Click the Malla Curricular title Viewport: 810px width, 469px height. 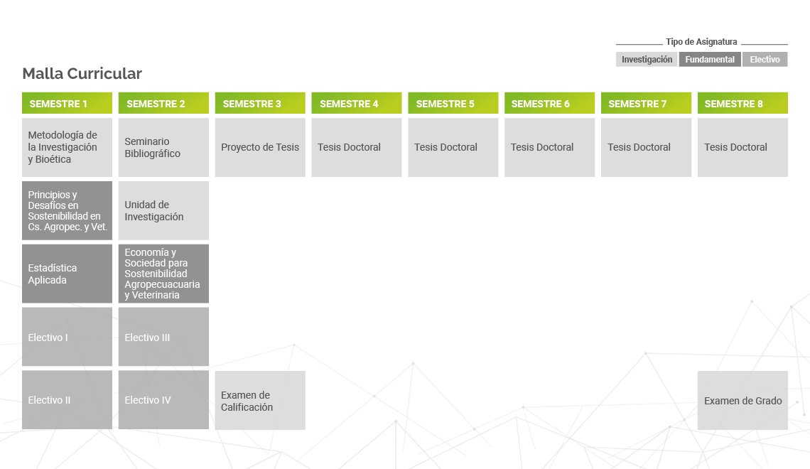[x=82, y=73]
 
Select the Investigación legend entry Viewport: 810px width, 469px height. [x=647, y=60]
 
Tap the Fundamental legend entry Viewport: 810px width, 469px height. [x=710, y=60]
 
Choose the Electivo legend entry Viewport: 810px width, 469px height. [x=765, y=60]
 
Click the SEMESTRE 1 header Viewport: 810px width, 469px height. [x=67, y=103]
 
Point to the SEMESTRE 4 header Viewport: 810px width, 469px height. [x=357, y=103]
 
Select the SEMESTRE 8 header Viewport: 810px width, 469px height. [x=742, y=103]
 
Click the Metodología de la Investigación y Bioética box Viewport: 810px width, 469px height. [x=67, y=147]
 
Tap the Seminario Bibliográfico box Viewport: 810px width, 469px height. [x=163, y=147]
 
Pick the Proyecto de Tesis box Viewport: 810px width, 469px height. [x=260, y=147]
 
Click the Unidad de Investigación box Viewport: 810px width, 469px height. [x=163, y=210]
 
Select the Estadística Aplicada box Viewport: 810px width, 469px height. [x=67, y=274]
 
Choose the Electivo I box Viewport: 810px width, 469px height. [x=67, y=337]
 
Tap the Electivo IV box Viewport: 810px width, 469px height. [x=163, y=400]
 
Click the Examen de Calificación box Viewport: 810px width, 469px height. [x=260, y=400]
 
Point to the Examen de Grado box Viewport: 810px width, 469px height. [x=742, y=400]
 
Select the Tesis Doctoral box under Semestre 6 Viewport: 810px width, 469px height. [x=550, y=147]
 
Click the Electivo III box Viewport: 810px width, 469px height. [x=163, y=337]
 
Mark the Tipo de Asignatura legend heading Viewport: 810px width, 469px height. [x=701, y=42]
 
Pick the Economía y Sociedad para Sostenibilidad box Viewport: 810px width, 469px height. [x=163, y=274]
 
